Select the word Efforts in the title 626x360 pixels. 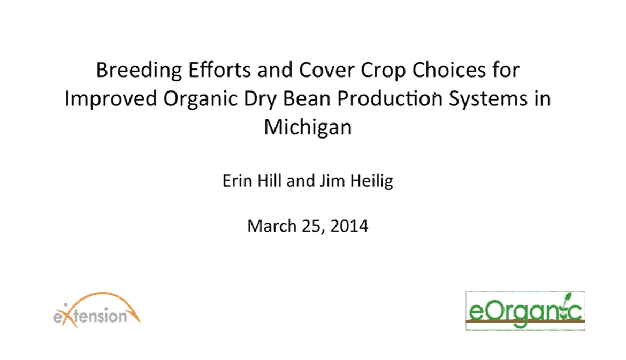pos(219,70)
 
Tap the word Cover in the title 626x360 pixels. pos(326,70)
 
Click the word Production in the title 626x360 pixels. pos(390,98)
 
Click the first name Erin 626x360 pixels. pos(237,181)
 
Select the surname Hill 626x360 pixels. pos(270,181)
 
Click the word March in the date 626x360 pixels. pos(272,226)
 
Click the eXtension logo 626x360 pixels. pos(97,310)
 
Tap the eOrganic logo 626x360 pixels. pos(525,310)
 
